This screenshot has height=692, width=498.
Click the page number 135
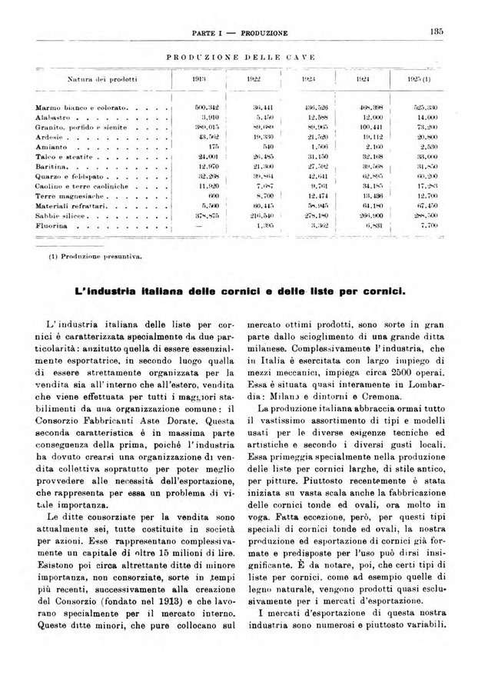438,32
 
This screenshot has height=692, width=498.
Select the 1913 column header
201,80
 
